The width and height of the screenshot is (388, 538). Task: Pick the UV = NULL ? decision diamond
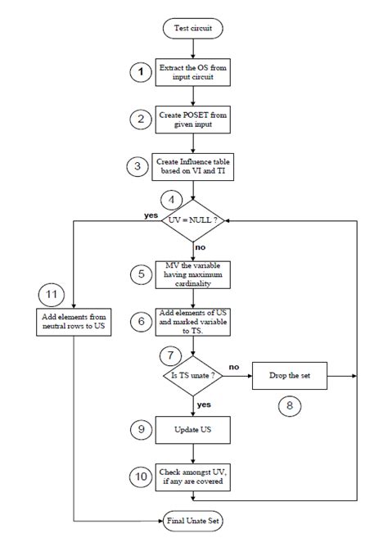[194, 220]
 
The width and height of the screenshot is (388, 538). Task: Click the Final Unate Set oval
[194, 519]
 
